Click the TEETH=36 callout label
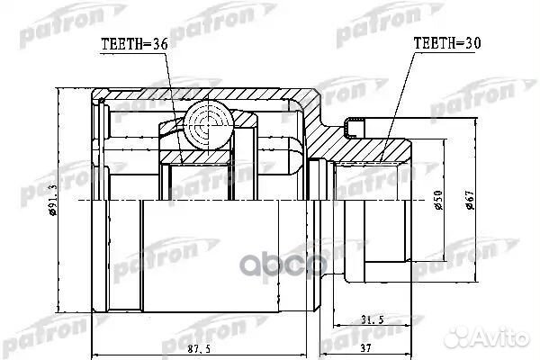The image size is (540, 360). (x=134, y=44)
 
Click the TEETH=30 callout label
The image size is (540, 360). (x=447, y=43)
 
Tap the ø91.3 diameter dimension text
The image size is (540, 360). (x=53, y=200)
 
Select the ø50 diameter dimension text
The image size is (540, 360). (x=438, y=201)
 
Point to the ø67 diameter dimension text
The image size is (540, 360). (x=470, y=200)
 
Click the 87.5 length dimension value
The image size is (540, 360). (x=199, y=348)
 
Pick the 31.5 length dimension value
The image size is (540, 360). (x=372, y=319)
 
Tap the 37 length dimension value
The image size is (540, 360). (x=365, y=348)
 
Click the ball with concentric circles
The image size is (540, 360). (x=209, y=125)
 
